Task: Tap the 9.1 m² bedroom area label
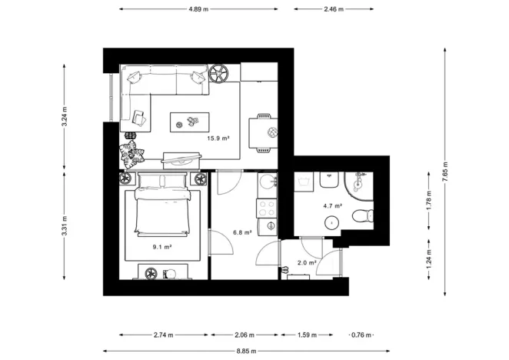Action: (x=161, y=247)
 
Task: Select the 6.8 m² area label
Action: (x=241, y=232)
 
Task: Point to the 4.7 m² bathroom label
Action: (x=331, y=206)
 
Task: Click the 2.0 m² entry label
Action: (x=306, y=262)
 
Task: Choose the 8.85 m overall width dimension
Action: (x=248, y=352)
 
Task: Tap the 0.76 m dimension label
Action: (x=361, y=335)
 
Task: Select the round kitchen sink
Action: (x=268, y=183)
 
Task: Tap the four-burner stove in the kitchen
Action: (x=267, y=207)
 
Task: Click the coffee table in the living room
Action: (x=189, y=122)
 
